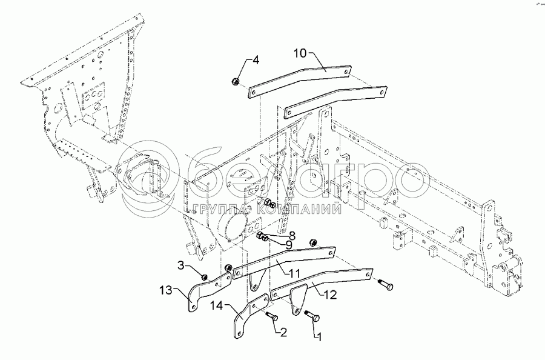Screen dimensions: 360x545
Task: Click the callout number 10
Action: [301, 53]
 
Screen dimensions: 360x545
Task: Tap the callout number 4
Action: [256, 60]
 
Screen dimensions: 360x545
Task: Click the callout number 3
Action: [181, 265]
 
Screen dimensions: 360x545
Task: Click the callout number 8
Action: [292, 235]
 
